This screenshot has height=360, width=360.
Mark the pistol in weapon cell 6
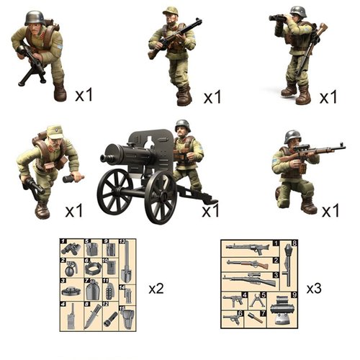[x=235, y=317]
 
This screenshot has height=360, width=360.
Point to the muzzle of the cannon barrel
[x=104, y=154]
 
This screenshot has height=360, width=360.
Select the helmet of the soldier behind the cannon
[x=183, y=125]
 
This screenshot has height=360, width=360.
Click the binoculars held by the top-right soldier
[x=278, y=17]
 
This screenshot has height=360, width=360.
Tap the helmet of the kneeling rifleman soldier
[x=292, y=135]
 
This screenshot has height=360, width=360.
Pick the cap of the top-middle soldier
[x=171, y=10]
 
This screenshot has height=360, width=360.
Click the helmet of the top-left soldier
[x=34, y=17]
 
